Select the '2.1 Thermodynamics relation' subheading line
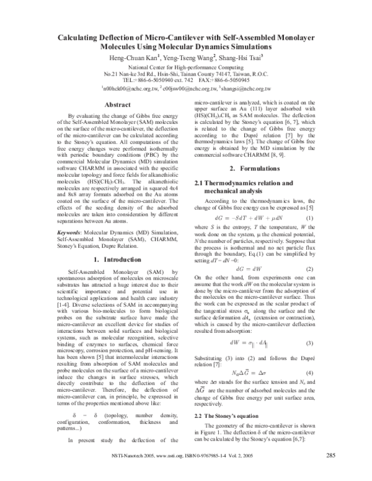[x=252, y=184]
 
